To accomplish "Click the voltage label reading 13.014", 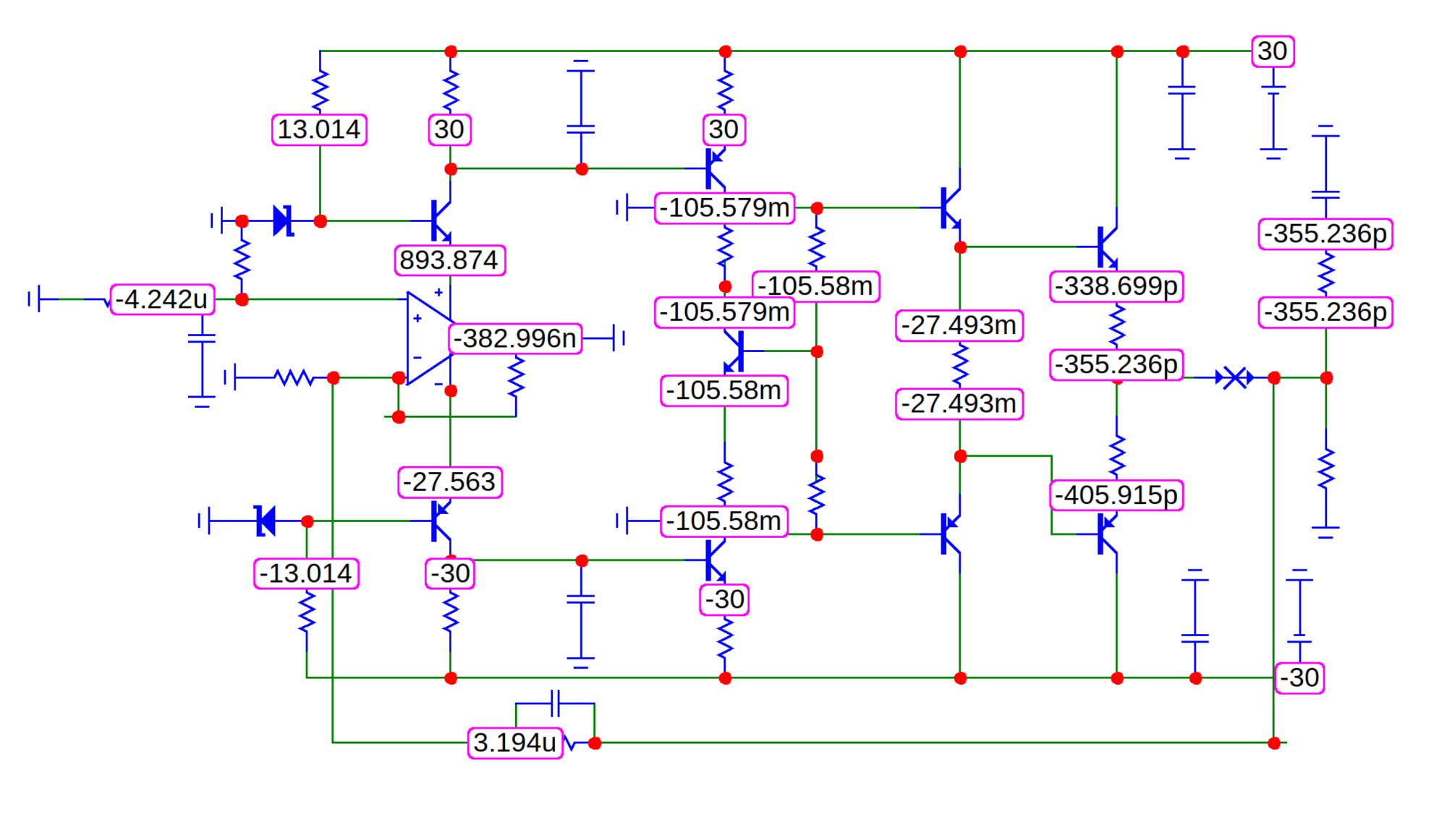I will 319,130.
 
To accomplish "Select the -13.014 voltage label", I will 306,574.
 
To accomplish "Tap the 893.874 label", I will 449,260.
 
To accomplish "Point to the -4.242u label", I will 162,299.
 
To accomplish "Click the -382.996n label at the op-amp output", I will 515,338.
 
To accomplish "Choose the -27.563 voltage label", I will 450,482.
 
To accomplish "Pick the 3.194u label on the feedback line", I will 515,742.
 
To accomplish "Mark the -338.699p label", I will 1116,286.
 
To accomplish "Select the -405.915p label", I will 1116,495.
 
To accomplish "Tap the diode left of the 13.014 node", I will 283,221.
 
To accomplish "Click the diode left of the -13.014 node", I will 266,521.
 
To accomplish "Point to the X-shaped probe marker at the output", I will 1235,377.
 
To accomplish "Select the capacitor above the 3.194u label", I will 555,703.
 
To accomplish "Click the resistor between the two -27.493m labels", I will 960,364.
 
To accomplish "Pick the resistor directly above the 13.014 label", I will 320,91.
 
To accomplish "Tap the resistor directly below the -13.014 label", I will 307,612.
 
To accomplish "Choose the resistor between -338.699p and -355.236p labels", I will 1116,325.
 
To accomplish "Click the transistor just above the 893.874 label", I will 441,221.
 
